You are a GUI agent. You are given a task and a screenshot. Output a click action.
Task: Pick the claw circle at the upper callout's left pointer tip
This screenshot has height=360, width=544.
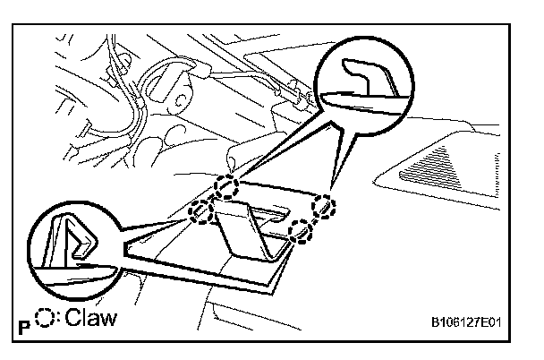(227, 187)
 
